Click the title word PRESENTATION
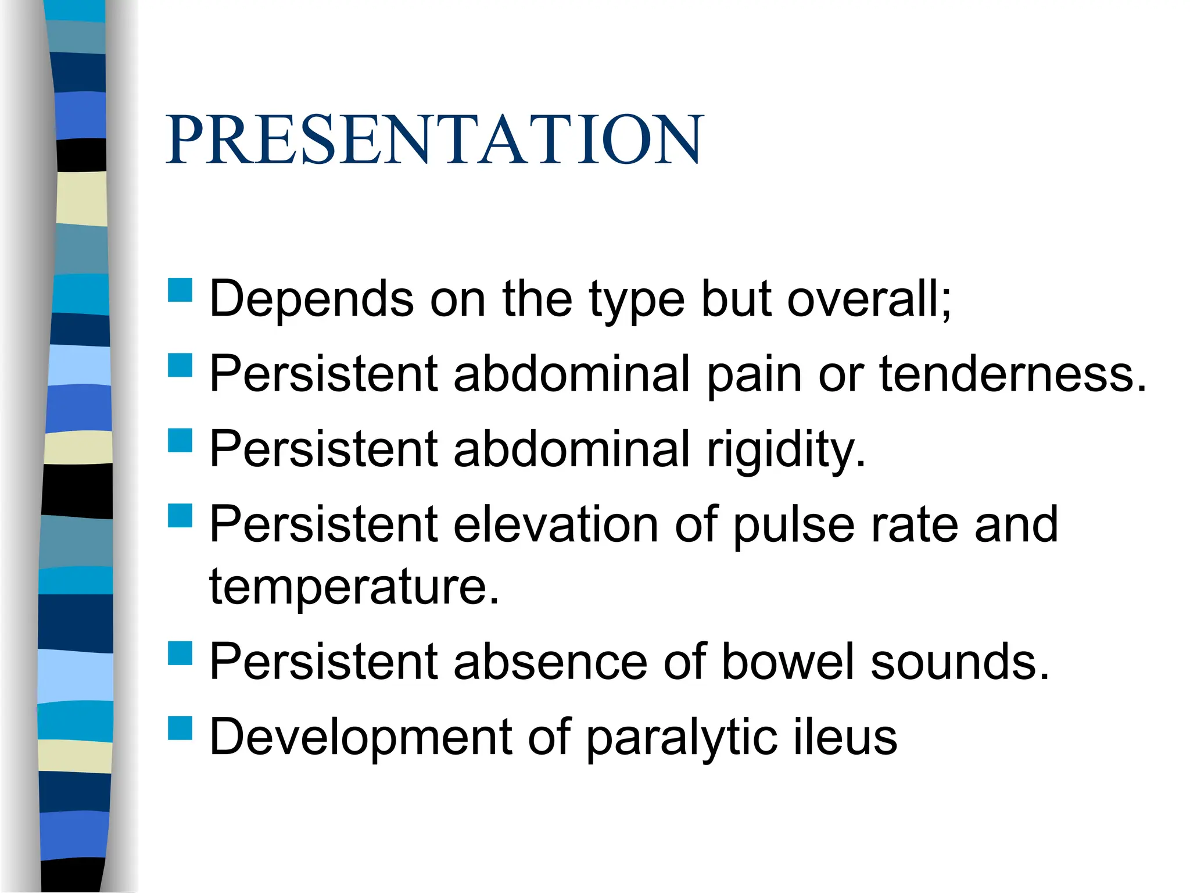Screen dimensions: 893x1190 (435, 140)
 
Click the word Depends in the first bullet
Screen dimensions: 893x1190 (311, 299)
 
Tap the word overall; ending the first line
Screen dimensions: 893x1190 (869, 299)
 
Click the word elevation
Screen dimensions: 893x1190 (555, 524)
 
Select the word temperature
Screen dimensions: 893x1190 (354, 588)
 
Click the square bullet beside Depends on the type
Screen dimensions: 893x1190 (180, 290)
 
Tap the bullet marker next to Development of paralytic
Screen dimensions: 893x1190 (180, 728)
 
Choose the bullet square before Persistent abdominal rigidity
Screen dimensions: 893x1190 (180, 440)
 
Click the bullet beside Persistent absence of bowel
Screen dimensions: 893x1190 (180, 653)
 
